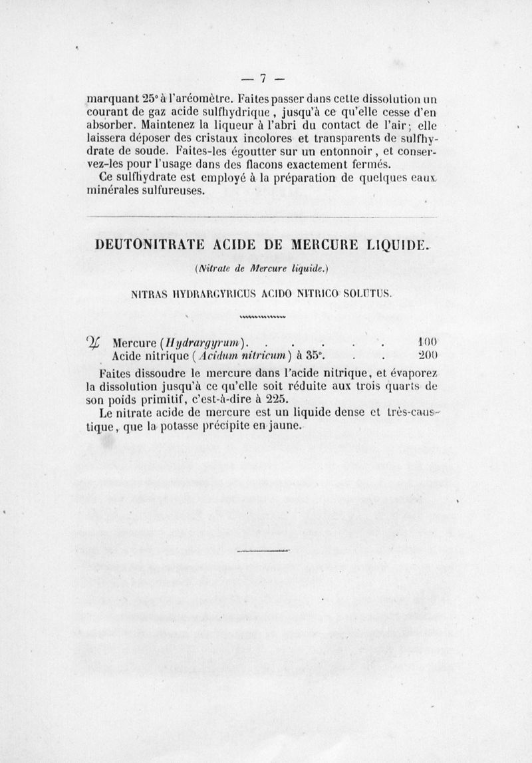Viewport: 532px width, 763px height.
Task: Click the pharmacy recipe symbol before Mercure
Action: [x=99, y=343]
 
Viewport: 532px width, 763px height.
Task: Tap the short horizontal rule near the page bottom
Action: [x=265, y=551]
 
